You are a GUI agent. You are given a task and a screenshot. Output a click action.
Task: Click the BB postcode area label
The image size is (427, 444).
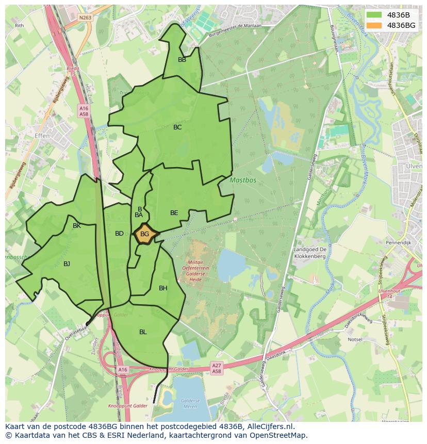(x=182, y=60)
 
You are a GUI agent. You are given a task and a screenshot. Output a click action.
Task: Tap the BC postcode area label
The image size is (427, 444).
(x=177, y=127)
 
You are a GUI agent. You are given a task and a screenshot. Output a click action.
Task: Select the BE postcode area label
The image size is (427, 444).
(x=174, y=213)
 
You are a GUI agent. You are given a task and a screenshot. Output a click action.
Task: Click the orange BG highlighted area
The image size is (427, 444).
(x=145, y=234)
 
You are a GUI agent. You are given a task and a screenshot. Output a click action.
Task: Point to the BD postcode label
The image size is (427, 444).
(x=119, y=234)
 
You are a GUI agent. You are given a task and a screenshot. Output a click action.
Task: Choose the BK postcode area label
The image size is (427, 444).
(x=77, y=226)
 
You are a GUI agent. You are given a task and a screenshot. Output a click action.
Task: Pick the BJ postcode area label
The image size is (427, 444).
(x=67, y=264)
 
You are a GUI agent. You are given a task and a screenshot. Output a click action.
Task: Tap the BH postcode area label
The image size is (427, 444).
(x=163, y=288)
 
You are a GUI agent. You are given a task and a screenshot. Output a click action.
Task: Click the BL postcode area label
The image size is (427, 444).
(x=143, y=332)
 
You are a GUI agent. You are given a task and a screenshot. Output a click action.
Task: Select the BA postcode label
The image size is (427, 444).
(x=138, y=215)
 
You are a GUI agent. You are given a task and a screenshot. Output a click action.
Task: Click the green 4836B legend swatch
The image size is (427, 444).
(x=374, y=15)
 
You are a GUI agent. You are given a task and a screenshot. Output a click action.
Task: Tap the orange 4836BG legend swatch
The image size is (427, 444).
(x=374, y=25)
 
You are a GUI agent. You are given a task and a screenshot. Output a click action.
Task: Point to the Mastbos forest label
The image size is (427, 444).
(x=238, y=181)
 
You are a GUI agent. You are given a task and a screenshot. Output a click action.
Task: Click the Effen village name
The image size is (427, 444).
(x=42, y=136)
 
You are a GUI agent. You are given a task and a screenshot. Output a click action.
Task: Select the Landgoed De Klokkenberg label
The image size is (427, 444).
(x=310, y=253)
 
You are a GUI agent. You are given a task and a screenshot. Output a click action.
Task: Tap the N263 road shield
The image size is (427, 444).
(x=85, y=18)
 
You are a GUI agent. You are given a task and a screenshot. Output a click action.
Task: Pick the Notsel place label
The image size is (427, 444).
(x=355, y=340)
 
